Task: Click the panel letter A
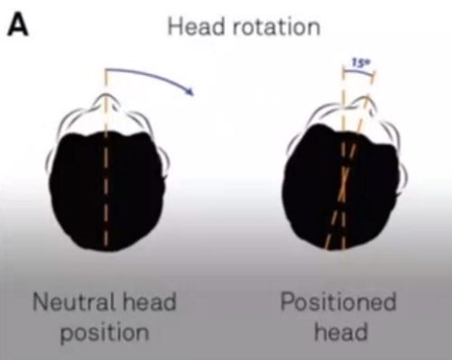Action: [x=18, y=25]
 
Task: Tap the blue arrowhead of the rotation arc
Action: [x=189, y=90]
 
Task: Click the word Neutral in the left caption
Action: [x=73, y=300]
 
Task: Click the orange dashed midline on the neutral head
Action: [x=106, y=180]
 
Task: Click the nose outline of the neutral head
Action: [x=106, y=104]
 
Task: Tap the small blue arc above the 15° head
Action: [x=359, y=76]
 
